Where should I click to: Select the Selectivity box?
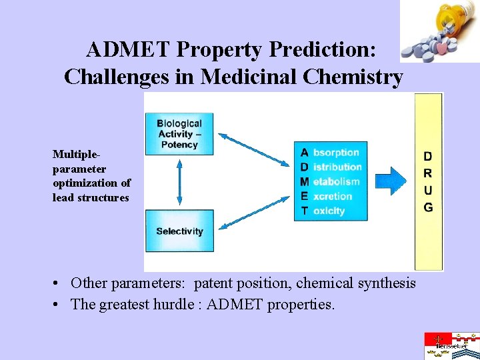[179, 231]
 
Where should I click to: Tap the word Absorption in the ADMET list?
[336, 153]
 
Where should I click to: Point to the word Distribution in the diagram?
[337, 167]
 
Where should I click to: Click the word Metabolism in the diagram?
[336, 181]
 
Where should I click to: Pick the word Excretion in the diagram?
[332, 196]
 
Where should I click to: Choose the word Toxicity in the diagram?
[329, 211]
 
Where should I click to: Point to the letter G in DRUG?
[428, 207]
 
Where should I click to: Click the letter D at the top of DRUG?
[428, 157]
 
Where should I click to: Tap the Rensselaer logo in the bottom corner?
[451, 345]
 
